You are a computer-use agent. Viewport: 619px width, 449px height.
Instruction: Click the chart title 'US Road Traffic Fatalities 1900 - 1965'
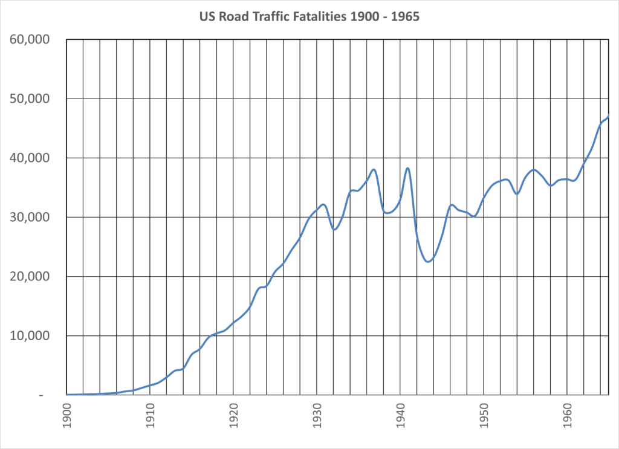point(309,17)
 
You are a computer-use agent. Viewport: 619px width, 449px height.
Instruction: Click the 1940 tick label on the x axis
point(400,415)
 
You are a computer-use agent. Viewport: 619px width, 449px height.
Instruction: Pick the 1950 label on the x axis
point(484,415)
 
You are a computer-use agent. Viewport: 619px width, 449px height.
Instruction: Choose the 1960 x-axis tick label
point(567,415)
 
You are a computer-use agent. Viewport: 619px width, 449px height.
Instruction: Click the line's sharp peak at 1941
point(408,168)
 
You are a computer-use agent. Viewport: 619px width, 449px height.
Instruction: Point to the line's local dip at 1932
point(334,230)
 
